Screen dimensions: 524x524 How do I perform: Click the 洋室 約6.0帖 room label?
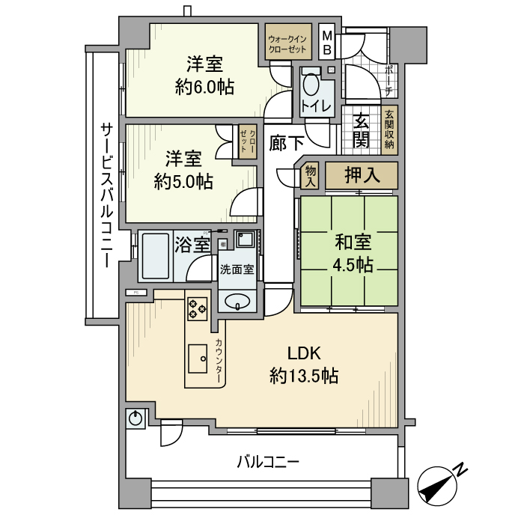pyautogui.click(x=204, y=76)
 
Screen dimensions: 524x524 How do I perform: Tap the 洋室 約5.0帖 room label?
pyautogui.click(x=183, y=170)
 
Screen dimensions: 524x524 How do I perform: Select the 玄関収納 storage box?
pyautogui.click(x=389, y=132)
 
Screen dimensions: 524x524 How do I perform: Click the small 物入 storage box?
pyautogui.click(x=310, y=177)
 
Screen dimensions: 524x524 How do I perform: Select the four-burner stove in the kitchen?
pyautogui.click(x=198, y=308)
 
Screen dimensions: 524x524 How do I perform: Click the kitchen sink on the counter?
pyautogui.click(x=198, y=358)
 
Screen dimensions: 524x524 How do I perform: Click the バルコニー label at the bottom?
pyautogui.click(x=268, y=462)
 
